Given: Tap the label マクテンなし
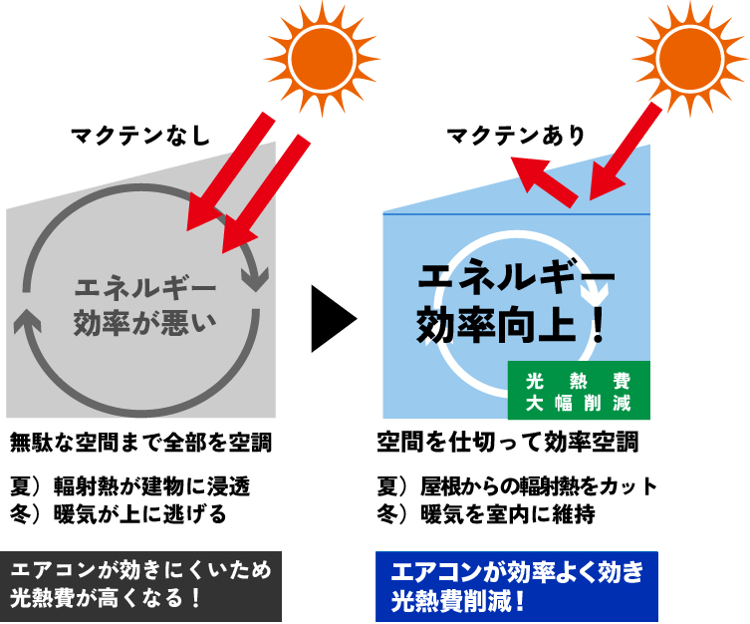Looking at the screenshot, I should [x=140, y=136].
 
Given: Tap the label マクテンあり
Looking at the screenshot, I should [x=515, y=136].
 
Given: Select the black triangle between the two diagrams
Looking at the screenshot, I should [x=332, y=319].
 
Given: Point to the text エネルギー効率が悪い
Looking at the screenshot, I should [x=145, y=305].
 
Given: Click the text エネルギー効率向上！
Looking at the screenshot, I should [x=513, y=299].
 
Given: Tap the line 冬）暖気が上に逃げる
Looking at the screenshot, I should [x=119, y=514].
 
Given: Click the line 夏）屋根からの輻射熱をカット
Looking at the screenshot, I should [x=517, y=486].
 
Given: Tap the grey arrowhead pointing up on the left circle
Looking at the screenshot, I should [x=28, y=320].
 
